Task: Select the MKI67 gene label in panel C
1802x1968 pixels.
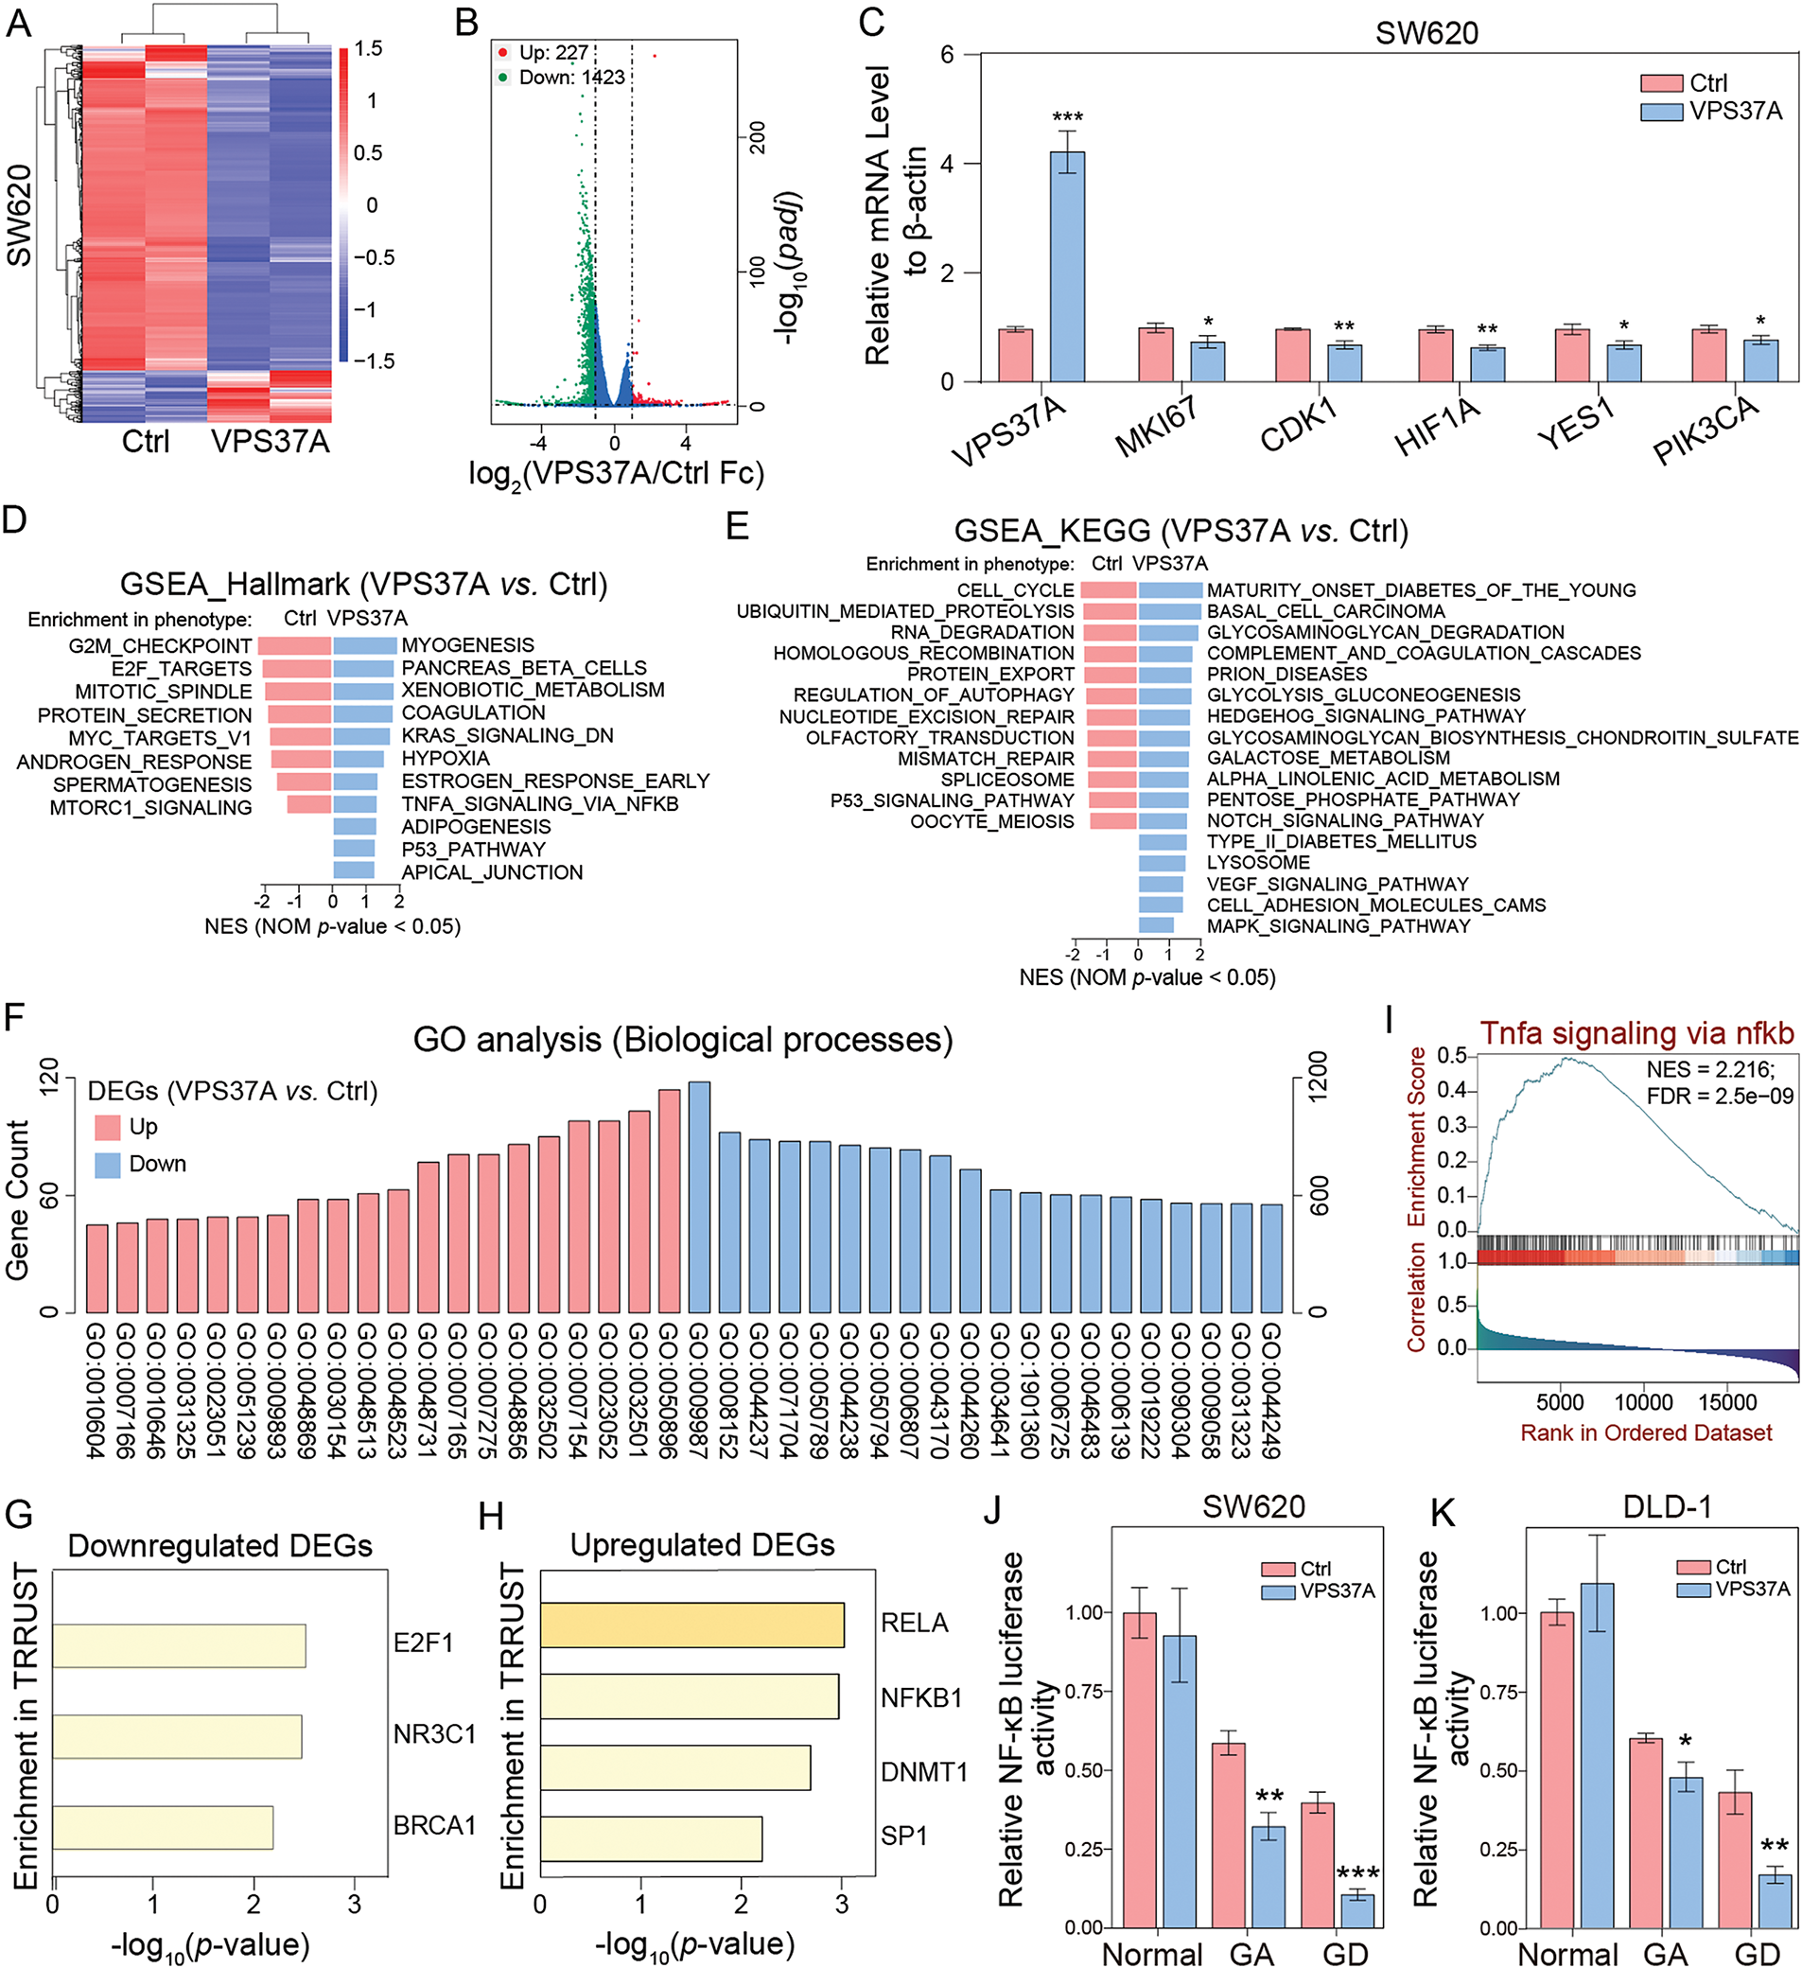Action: click(x=1157, y=427)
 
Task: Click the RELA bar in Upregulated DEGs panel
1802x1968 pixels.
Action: click(x=691, y=1625)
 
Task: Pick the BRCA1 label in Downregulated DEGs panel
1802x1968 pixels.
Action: click(x=434, y=1824)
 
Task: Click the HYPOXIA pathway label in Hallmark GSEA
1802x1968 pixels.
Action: click(x=446, y=759)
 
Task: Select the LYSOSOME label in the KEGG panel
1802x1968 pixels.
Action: click(x=1257, y=863)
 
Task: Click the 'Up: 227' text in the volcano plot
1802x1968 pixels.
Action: click(x=553, y=53)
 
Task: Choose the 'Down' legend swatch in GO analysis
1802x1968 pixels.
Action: click(x=108, y=1165)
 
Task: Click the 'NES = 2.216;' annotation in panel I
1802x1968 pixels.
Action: click(x=1710, y=1069)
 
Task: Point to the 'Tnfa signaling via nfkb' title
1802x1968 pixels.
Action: click(x=1636, y=1033)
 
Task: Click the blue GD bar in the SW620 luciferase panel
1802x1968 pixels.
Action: click(x=1356, y=1910)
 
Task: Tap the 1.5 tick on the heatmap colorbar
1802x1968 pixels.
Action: click(x=368, y=49)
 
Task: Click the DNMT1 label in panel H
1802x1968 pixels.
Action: click(x=923, y=1772)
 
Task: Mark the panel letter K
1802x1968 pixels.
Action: click(x=1442, y=1514)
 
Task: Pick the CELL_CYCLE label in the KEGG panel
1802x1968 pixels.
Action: click(x=1015, y=590)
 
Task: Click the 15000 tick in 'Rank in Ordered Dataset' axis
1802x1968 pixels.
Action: click(x=1727, y=1403)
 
